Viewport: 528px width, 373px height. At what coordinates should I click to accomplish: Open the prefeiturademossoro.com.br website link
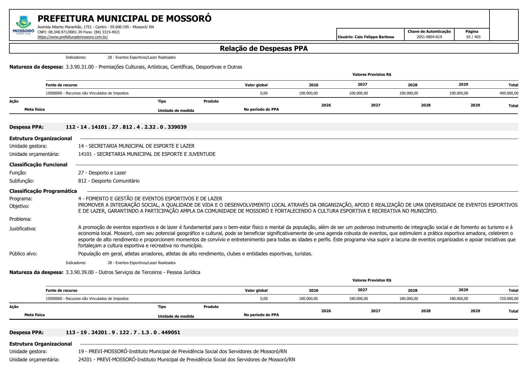(73, 37)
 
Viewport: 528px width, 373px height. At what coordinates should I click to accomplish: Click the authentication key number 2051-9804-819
(429, 37)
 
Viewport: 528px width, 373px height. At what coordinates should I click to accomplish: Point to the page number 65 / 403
(473, 37)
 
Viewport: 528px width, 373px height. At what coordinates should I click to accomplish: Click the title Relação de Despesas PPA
(264, 48)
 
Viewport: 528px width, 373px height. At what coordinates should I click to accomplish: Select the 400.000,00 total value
(509, 93)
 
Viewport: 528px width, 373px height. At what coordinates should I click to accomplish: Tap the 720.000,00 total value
(509, 299)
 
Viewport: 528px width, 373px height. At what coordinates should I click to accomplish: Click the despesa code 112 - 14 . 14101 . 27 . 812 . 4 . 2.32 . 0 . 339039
(126, 127)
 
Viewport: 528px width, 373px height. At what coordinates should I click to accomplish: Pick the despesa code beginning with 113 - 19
(123, 332)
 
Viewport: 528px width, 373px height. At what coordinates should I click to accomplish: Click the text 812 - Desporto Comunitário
(109, 181)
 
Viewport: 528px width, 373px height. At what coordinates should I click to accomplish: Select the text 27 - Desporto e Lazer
(102, 173)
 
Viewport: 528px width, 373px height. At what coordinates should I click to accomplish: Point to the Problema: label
(20, 219)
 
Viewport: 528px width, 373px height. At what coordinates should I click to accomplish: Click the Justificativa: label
(23, 229)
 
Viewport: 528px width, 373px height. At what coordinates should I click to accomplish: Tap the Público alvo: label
(23, 254)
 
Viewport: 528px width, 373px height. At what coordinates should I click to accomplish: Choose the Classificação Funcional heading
(38, 165)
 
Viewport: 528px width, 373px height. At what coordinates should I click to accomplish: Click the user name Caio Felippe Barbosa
(374, 37)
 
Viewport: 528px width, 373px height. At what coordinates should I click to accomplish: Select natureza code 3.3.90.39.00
(80, 272)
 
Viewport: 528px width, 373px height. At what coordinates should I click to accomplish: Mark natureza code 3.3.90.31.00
(80, 67)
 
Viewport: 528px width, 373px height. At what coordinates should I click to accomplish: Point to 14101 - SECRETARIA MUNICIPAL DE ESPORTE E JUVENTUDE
(147, 154)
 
